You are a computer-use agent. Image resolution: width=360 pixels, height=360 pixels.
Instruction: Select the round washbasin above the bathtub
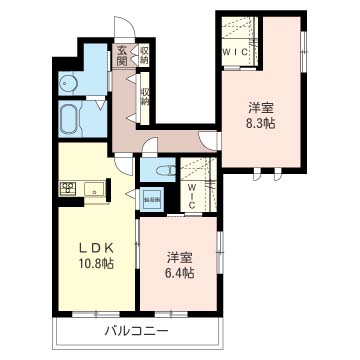point(67,84)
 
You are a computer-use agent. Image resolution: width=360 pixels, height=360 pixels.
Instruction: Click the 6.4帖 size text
point(180,270)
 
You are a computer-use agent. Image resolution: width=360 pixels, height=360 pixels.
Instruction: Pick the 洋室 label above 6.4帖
point(180,255)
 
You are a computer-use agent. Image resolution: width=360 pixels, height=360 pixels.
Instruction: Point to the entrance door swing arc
point(122,29)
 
